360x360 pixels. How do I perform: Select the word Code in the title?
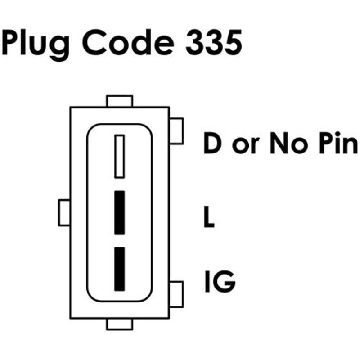(x=128, y=42)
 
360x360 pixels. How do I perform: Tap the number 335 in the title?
(x=214, y=42)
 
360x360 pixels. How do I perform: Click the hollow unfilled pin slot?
(x=120, y=156)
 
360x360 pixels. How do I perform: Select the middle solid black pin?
(x=120, y=212)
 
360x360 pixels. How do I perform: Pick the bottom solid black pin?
(x=120, y=269)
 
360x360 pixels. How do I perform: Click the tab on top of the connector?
(x=120, y=101)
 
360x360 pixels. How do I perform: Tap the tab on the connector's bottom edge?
(x=120, y=324)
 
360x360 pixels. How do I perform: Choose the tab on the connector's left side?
(x=64, y=212)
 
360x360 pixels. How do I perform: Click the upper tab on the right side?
(x=176, y=131)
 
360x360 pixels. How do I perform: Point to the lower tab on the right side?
(x=176, y=294)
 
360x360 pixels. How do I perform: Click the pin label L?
(x=209, y=216)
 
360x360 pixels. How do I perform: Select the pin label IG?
(x=220, y=282)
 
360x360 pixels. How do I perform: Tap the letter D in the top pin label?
(x=212, y=143)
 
